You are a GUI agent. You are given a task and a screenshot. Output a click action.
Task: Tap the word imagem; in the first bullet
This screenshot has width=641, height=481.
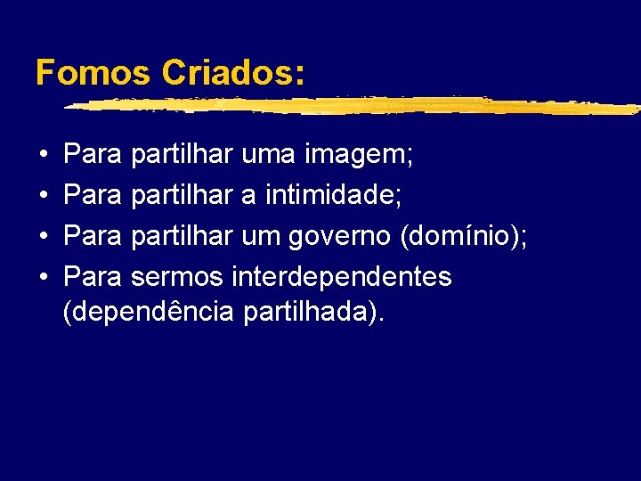click(x=358, y=157)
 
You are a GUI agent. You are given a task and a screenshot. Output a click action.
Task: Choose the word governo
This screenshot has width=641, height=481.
click(x=341, y=236)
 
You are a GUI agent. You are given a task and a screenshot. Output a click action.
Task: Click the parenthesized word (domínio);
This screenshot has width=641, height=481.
click(x=465, y=236)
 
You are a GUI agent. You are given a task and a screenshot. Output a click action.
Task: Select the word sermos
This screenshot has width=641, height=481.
click(x=178, y=277)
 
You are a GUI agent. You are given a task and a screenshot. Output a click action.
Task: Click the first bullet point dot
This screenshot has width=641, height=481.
click(x=43, y=158)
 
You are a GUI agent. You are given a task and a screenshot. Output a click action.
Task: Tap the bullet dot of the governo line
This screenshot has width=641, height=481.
click(x=43, y=238)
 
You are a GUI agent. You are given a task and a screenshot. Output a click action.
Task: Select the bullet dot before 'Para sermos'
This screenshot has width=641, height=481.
click(x=43, y=278)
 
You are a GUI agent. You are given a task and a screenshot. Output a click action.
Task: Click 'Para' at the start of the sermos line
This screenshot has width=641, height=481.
click(x=93, y=276)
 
